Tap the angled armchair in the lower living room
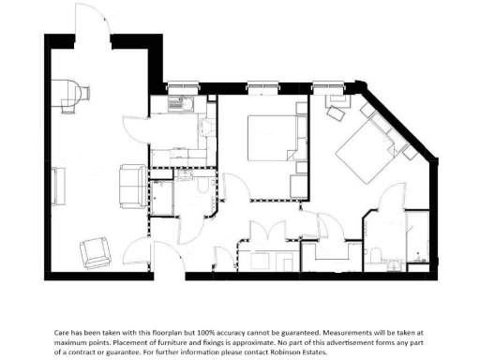tap(97, 250)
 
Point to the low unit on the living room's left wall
tap(54, 186)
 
